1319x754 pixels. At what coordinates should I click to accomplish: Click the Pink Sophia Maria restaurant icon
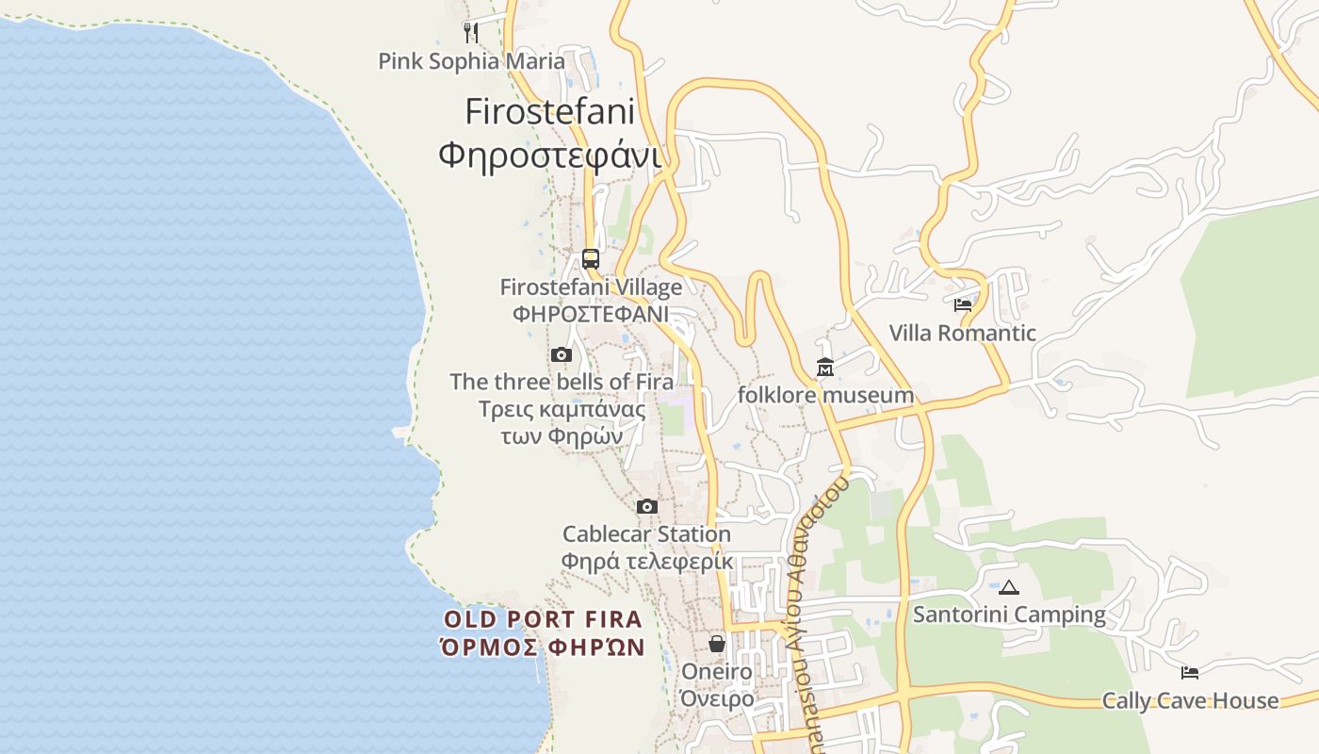click(471, 33)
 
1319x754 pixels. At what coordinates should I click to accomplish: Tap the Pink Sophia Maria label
click(471, 61)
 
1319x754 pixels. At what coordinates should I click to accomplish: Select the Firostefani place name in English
click(550, 111)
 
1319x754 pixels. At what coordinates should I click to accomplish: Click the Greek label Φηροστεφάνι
click(550, 155)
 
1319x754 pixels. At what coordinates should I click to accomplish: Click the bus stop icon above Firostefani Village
click(591, 258)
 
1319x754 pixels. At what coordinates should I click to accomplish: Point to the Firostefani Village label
click(591, 287)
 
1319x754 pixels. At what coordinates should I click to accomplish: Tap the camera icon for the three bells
click(562, 355)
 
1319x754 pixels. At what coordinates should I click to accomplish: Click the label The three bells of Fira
click(562, 382)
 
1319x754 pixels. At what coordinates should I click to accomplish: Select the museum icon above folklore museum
click(825, 368)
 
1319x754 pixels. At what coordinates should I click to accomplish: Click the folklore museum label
click(825, 395)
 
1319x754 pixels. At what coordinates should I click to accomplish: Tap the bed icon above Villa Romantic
click(963, 305)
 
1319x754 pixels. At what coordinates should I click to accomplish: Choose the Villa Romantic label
click(963, 333)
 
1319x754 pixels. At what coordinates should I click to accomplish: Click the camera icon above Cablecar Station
click(646, 507)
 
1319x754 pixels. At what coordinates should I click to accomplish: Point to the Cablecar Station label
click(646, 534)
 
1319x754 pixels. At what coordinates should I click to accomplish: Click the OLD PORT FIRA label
click(544, 619)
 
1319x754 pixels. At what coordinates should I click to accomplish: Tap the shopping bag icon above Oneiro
click(717, 644)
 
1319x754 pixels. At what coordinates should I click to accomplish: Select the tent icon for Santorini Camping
click(1009, 587)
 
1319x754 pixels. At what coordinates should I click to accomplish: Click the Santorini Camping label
click(1009, 615)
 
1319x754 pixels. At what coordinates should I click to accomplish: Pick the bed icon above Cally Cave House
click(1190, 673)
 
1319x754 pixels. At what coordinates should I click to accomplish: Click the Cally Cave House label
click(1190, 700)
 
